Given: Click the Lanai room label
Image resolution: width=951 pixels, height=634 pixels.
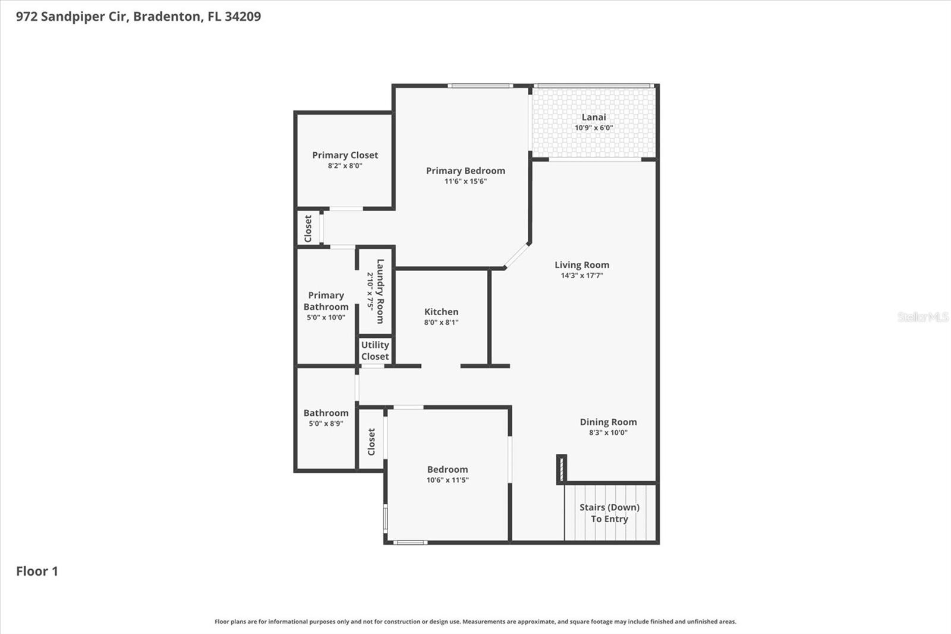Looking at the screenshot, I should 593,117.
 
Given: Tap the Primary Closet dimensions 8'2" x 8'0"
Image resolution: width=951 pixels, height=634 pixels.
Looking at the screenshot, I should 345,166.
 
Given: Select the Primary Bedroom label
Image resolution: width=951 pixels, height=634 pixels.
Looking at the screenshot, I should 465,171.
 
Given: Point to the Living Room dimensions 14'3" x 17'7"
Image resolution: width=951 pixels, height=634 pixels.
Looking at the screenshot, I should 582,275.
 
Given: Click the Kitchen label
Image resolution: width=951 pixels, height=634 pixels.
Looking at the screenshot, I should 441,312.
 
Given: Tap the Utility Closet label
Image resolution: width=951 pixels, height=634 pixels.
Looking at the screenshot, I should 375,350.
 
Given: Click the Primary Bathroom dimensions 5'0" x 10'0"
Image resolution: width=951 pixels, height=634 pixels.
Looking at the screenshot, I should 326,318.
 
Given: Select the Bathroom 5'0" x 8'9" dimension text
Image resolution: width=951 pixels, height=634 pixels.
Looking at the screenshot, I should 326,423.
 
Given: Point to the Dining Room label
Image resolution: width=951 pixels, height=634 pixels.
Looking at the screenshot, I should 608,422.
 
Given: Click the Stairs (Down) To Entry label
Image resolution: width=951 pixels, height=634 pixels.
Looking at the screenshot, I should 609,513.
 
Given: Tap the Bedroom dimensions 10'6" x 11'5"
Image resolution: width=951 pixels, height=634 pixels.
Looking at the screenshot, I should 447,480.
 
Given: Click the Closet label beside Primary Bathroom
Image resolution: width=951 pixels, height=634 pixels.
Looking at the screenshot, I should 308,228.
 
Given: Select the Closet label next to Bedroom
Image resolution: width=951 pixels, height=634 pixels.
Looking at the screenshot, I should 371,442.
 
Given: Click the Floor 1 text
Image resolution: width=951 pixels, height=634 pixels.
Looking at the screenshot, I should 37,571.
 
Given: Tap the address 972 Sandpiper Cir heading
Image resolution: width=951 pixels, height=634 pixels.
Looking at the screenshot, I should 138,16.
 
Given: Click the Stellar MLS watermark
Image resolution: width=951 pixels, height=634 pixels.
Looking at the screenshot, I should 922,317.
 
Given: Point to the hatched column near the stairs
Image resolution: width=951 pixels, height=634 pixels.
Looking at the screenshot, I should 561,469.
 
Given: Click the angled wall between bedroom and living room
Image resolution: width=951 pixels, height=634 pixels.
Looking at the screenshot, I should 517,256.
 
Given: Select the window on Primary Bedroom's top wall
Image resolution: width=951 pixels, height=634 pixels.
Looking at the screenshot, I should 480,86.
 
